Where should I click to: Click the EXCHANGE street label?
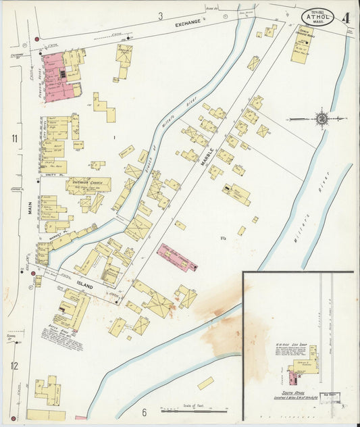188,23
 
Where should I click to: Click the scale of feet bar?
193,409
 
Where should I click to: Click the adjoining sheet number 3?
161,15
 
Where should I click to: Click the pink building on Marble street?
177,257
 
